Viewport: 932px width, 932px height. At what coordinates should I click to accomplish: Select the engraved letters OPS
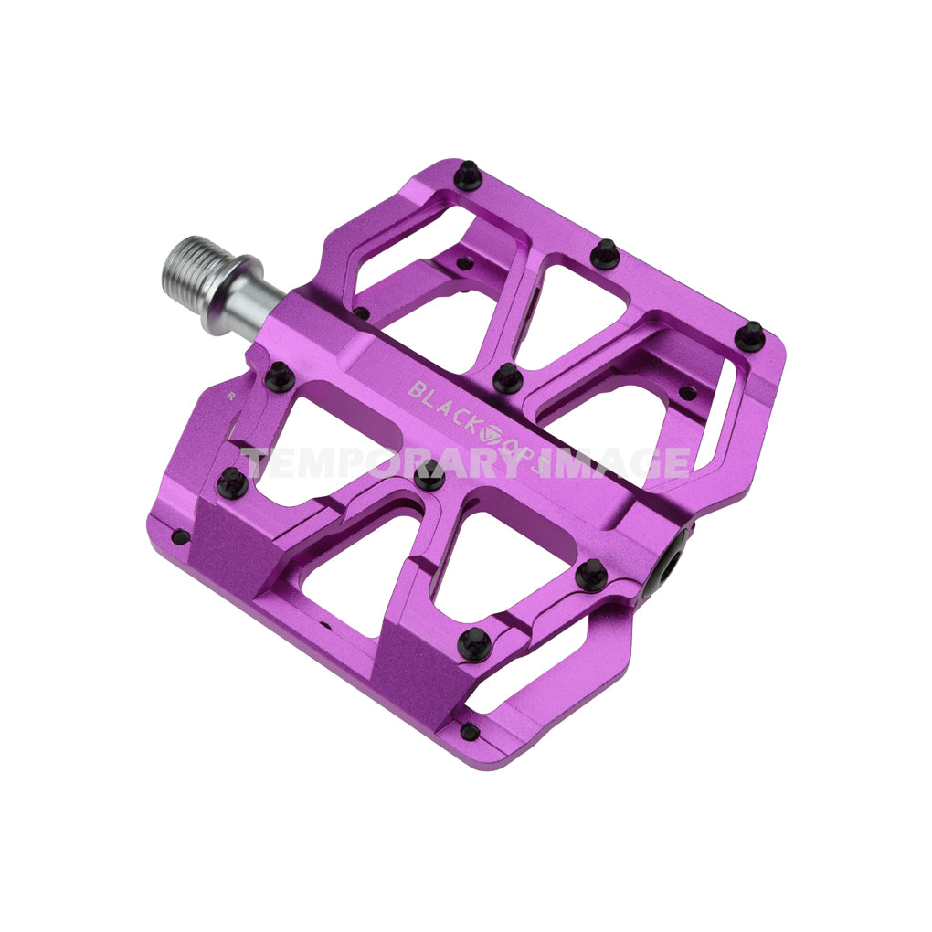click(x=523, y=452)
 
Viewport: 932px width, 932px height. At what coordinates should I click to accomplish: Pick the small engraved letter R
click(x=232, y=397)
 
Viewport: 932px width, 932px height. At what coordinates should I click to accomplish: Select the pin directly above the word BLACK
click(x=507, y=376)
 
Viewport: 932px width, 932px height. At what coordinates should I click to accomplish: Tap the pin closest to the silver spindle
click(x=279, y=376)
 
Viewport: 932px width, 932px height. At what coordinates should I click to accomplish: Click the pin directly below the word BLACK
click(x=429, y=473)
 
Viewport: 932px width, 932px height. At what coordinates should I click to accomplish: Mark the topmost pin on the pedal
click(x=468, y=174)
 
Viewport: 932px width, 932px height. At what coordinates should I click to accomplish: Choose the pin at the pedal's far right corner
click(x=750, y=334)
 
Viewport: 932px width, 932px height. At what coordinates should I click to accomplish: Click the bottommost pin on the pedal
click(x=469, y=730)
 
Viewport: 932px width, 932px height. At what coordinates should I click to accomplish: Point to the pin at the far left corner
click(x=181, y=536)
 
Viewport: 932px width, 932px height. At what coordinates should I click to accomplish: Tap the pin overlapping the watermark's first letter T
click(x=232, y=482)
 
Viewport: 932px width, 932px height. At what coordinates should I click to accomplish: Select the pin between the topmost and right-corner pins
click(x=605, y=253)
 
